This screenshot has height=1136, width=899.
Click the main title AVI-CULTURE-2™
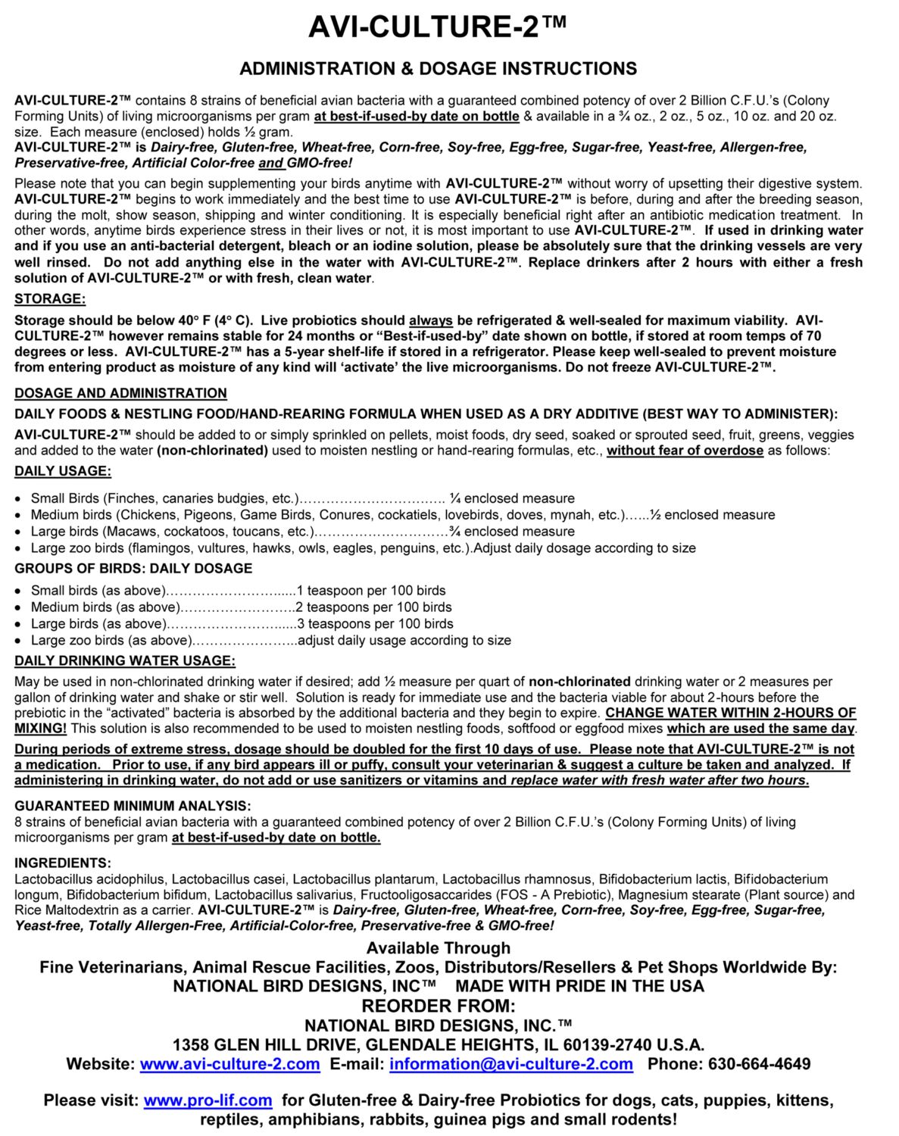pos(438,27)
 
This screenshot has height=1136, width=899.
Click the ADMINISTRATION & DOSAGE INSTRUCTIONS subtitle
pos(438,69)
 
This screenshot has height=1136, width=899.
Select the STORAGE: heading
pos(50,298)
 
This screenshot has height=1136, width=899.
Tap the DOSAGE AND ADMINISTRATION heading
pos(120,393)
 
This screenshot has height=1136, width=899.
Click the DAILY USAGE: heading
pos(63,471)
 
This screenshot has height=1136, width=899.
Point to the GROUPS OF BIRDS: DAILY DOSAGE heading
pos(133,568)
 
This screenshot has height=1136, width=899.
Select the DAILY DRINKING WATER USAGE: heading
pos(125,661)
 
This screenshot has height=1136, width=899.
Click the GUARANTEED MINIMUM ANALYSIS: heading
pos(133,806)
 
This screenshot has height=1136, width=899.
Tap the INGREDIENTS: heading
pos(63,863)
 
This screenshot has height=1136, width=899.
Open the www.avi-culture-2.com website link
pos(229,1064)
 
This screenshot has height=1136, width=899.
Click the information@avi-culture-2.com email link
pos(511,1064)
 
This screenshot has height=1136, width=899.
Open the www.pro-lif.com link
pos(208,1100)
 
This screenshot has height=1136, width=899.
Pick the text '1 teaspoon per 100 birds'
pos(371,591)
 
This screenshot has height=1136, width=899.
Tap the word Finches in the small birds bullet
pos(128,498)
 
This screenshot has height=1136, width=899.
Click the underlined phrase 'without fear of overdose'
pos(685,451)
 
